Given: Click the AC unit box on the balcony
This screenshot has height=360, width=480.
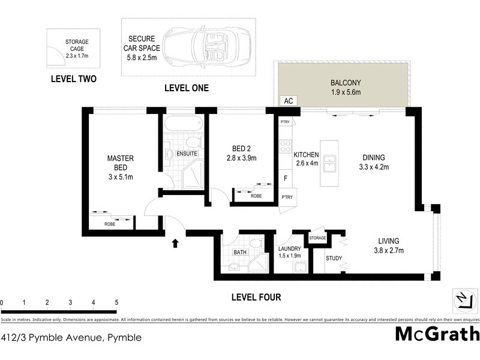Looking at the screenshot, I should pyautogui.click(x=289, y=101).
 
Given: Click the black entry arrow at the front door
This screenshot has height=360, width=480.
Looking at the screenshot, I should pyautogui.click(x=175, y=243).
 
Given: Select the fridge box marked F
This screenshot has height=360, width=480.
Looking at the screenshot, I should pyautogui.click(x=286, y=178).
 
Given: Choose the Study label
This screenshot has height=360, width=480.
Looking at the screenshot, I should pyautogui.click(x=334, y=259).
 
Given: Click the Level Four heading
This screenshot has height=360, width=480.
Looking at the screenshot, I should pyautogui.click(x=256, y=297).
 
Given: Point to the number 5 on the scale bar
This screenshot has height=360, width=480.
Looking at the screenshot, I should pyautogui.click(x=116, y=302).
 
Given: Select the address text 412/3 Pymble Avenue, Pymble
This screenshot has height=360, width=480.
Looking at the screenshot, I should pyautogui.click(x=71, y=337).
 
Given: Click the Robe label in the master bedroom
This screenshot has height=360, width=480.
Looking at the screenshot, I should pyautogui.click(x=110, y=224).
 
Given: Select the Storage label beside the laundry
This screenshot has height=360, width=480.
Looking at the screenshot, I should pyautogui.click(x=317, y=238).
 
